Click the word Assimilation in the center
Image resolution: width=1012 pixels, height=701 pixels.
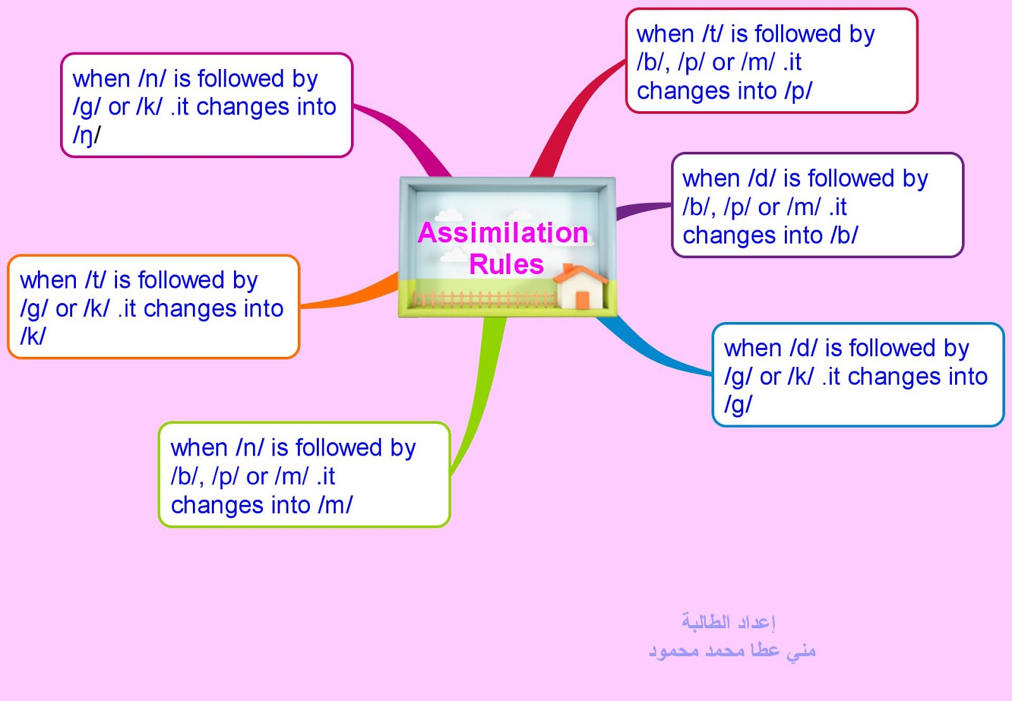coord(503,233)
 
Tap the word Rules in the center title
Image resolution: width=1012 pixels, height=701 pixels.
coord(506,264)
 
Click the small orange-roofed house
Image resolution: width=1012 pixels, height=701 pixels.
coord(580,288)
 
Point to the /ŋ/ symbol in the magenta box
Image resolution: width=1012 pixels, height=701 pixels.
coord(87,135)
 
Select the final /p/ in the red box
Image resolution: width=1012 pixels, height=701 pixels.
coord(798,91)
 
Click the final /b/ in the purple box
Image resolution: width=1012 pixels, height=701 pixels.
coord(844,235)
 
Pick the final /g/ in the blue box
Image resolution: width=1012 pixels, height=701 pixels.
coord(738,404)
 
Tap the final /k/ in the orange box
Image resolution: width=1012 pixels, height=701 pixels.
coord(33,337)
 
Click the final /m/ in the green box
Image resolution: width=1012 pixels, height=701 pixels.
coord(335,505)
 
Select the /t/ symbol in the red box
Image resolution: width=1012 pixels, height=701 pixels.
coord(713,34)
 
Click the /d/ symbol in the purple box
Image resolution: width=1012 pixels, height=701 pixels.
coord(762,179)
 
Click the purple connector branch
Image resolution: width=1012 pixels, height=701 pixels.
coord(642,209)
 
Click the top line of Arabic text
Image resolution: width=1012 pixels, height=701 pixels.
coord(729,622)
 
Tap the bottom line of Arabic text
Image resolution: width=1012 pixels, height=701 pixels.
coord(732,650)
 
